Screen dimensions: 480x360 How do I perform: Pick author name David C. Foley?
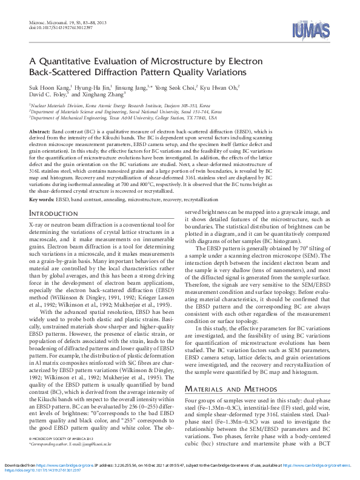tap(48, 95)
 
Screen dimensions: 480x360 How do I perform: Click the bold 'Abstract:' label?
tap(39, 131)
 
